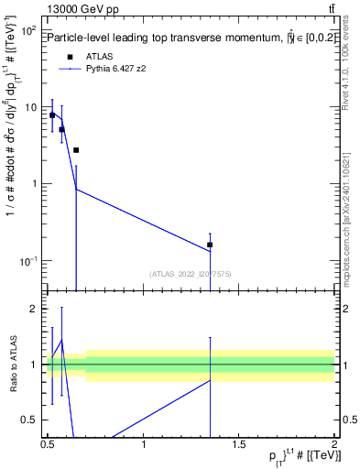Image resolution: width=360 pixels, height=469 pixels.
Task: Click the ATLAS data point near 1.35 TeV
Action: pyautogui.click(x=210, y=245)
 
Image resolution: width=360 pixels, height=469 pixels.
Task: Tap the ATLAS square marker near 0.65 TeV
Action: pyautogui.click(x=76, y=150)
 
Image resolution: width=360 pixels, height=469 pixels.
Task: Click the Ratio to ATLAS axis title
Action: pyautogui.click(x=14, y=365)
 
